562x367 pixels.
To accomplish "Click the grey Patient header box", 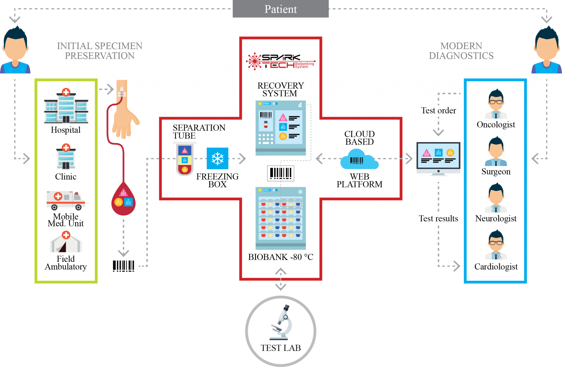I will pos(280,9).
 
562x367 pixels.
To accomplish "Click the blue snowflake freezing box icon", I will pos(217,158).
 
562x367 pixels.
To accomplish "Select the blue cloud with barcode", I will pos(359,159).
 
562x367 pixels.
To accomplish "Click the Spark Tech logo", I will pos(280,61).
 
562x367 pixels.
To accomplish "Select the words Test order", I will pos(439,110).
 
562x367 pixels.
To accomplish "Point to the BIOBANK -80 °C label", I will pos(280,257).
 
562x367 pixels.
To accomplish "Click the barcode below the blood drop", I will pos(123,266).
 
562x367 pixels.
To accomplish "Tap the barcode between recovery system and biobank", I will pos(280,173).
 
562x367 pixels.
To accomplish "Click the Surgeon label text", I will pos(496,171).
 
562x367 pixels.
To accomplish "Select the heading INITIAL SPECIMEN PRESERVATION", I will pos(100,51).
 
